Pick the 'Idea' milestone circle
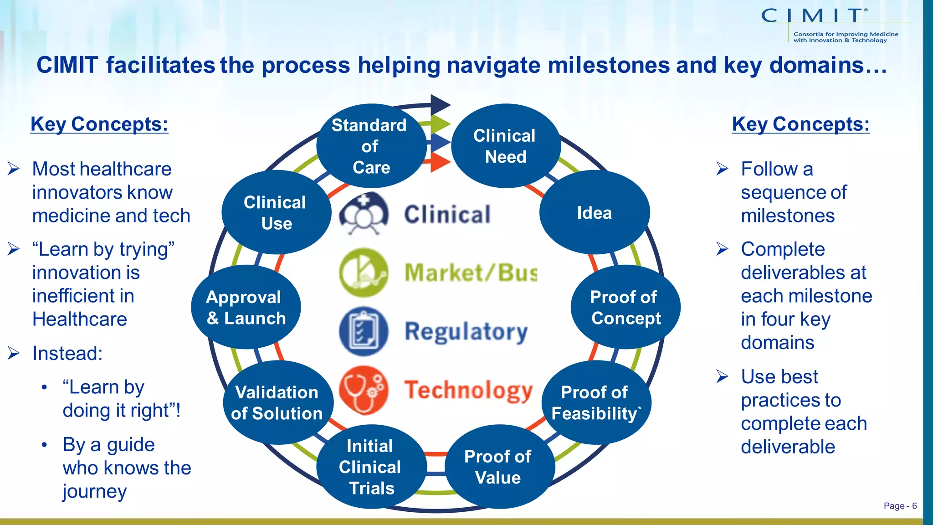pos(594,212)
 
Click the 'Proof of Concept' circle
pos(625,307)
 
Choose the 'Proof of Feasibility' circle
pos(596,402)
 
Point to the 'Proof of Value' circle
pos(498,467)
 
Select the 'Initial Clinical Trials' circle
pos(371,467)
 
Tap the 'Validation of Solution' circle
pos(277,402)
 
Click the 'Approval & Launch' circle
pos(246,307)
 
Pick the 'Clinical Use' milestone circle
pos(276,212)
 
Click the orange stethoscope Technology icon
pos(364,390)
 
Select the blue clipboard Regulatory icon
pos(364,331)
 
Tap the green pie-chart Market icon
pos(364,273)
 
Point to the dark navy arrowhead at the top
pos(439,105)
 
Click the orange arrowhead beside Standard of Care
pos(439,162)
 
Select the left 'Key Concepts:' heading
pos(99,124)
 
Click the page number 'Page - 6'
pos(900,506)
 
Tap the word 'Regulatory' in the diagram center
pos(466,331)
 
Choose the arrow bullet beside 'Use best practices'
pos(723,376)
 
